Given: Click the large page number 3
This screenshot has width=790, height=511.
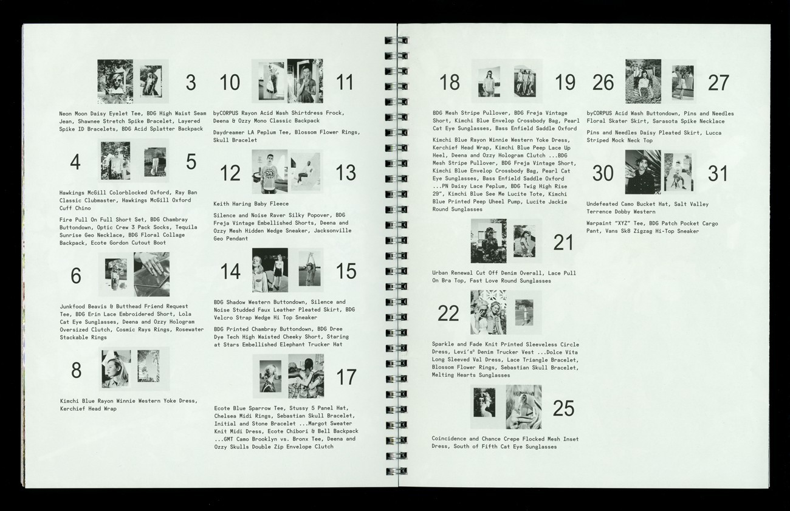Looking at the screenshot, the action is (191, 83).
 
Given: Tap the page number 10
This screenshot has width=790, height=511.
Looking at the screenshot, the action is (230, 83).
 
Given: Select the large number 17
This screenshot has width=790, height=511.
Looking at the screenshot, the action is (346, 377).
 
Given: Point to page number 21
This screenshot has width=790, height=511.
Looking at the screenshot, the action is (563, 242).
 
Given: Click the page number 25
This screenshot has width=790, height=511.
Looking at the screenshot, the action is (563, 408).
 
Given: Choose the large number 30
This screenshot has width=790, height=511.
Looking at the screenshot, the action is (603, 173).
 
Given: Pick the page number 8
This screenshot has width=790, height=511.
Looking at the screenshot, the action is (76, 371).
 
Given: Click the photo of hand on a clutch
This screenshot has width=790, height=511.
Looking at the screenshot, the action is (152, 274).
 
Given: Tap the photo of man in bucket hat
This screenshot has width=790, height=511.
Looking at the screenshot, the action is (643, 172).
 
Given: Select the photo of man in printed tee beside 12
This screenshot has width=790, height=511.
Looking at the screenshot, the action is (269, 172).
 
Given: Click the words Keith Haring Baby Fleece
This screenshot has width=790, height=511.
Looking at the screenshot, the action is (251, 204).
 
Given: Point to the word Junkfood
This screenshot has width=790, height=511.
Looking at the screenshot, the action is (72, 306).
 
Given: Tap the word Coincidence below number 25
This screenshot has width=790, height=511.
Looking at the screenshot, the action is (449, 439).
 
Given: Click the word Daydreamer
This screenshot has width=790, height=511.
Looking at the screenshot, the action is (229, 132).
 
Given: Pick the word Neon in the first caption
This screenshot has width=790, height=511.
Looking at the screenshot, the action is (65, 114).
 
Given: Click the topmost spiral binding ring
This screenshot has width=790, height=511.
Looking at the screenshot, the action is (396, 40).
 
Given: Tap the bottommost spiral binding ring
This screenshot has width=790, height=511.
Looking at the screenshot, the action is (396, 471).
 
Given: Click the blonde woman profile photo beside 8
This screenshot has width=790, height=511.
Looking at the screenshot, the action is (116, 369).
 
